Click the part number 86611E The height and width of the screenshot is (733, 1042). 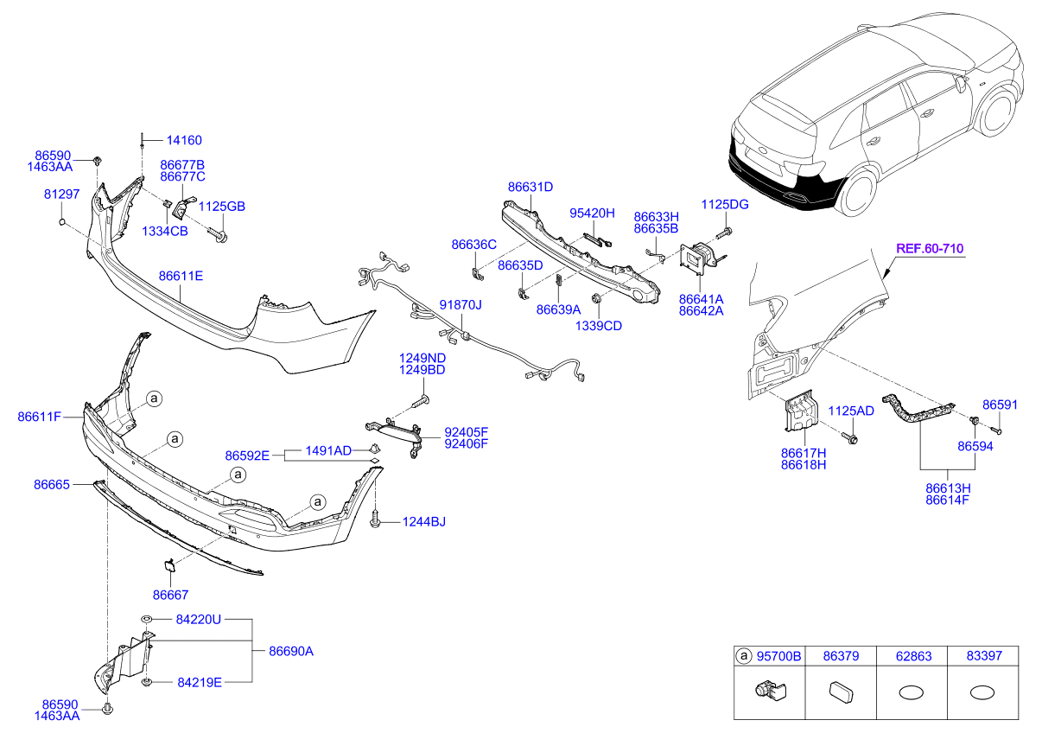pos(181,276)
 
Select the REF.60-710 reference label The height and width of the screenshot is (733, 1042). pos(930,249)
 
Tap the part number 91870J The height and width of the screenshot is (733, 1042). pos(461,305)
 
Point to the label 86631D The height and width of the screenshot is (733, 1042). pos(531,187)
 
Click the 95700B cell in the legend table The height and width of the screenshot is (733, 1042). pos(778,656)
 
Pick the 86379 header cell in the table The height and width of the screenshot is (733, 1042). pos(841,656)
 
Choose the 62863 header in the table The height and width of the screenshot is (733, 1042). pos(913,656)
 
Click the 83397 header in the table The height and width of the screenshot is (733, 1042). pos(984,656)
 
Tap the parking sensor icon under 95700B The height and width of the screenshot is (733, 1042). pos(771,690)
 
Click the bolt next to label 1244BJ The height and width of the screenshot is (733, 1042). pos(375,519)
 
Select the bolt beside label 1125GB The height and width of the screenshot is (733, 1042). pos(219,234)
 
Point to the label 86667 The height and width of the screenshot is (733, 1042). pos(171,596)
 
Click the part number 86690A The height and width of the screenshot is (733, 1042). pos(291,651)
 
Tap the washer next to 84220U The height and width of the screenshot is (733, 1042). pos(147,619)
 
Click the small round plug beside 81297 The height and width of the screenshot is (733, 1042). pos(62,221)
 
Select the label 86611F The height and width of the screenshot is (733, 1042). pos(40,417)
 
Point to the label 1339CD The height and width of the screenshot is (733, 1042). pos(599,326)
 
